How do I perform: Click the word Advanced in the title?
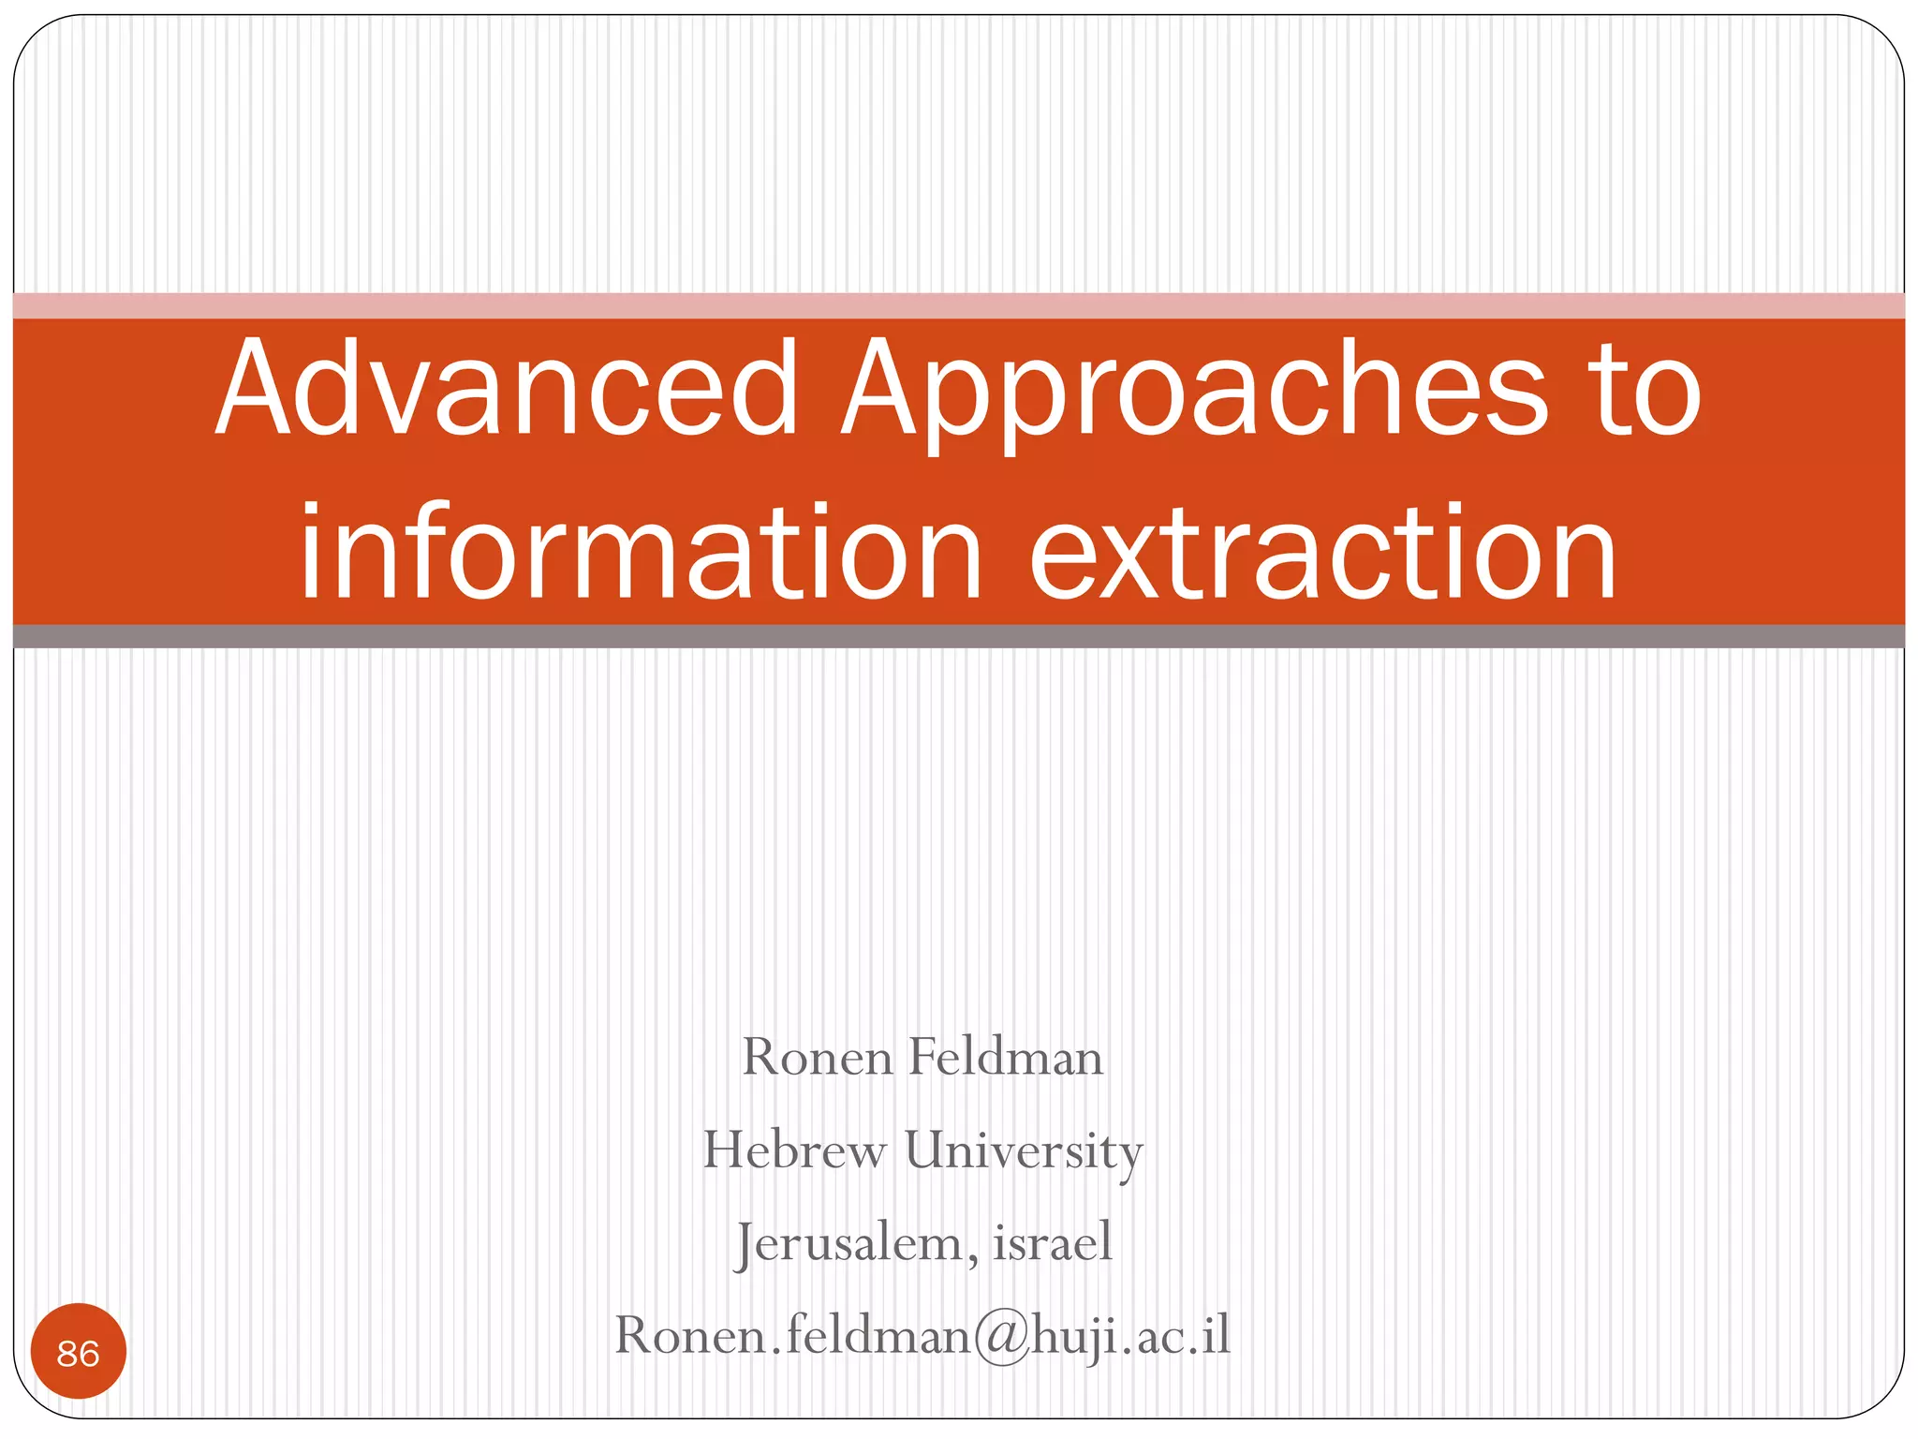tap(506, 389)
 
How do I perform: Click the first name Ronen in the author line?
tap(817, 1058)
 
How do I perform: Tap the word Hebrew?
tap(794, 1150)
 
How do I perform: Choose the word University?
tap(1024, 1151)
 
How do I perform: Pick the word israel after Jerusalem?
tap(1052, 1242)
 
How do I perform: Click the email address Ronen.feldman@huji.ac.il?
tap(922, 1335)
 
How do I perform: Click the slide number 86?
tap(78, 1353)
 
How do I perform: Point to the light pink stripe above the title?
tap(959, 305)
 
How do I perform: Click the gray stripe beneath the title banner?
tap(959, 636)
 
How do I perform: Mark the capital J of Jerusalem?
tap(745, 1244)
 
